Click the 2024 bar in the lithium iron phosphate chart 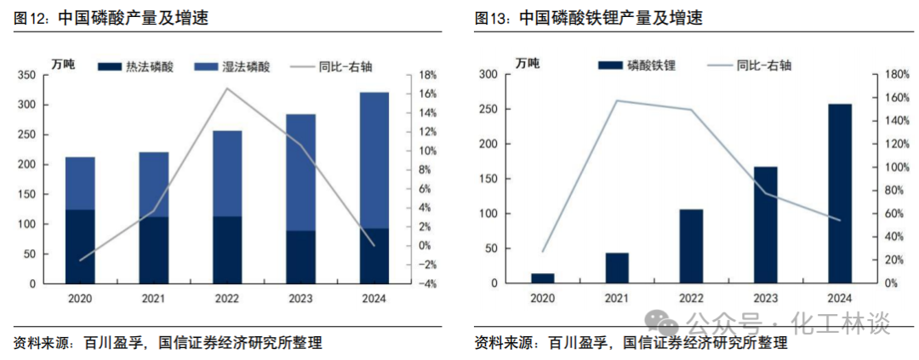[840, 193]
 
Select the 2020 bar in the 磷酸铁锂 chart [542, 277]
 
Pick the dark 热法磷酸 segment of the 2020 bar [80, 246]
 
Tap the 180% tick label [893, 75]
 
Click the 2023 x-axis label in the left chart [300, 298]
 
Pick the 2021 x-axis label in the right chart [617, 298]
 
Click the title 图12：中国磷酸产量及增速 [111, 18]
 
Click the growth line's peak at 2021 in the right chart [616, 100]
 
